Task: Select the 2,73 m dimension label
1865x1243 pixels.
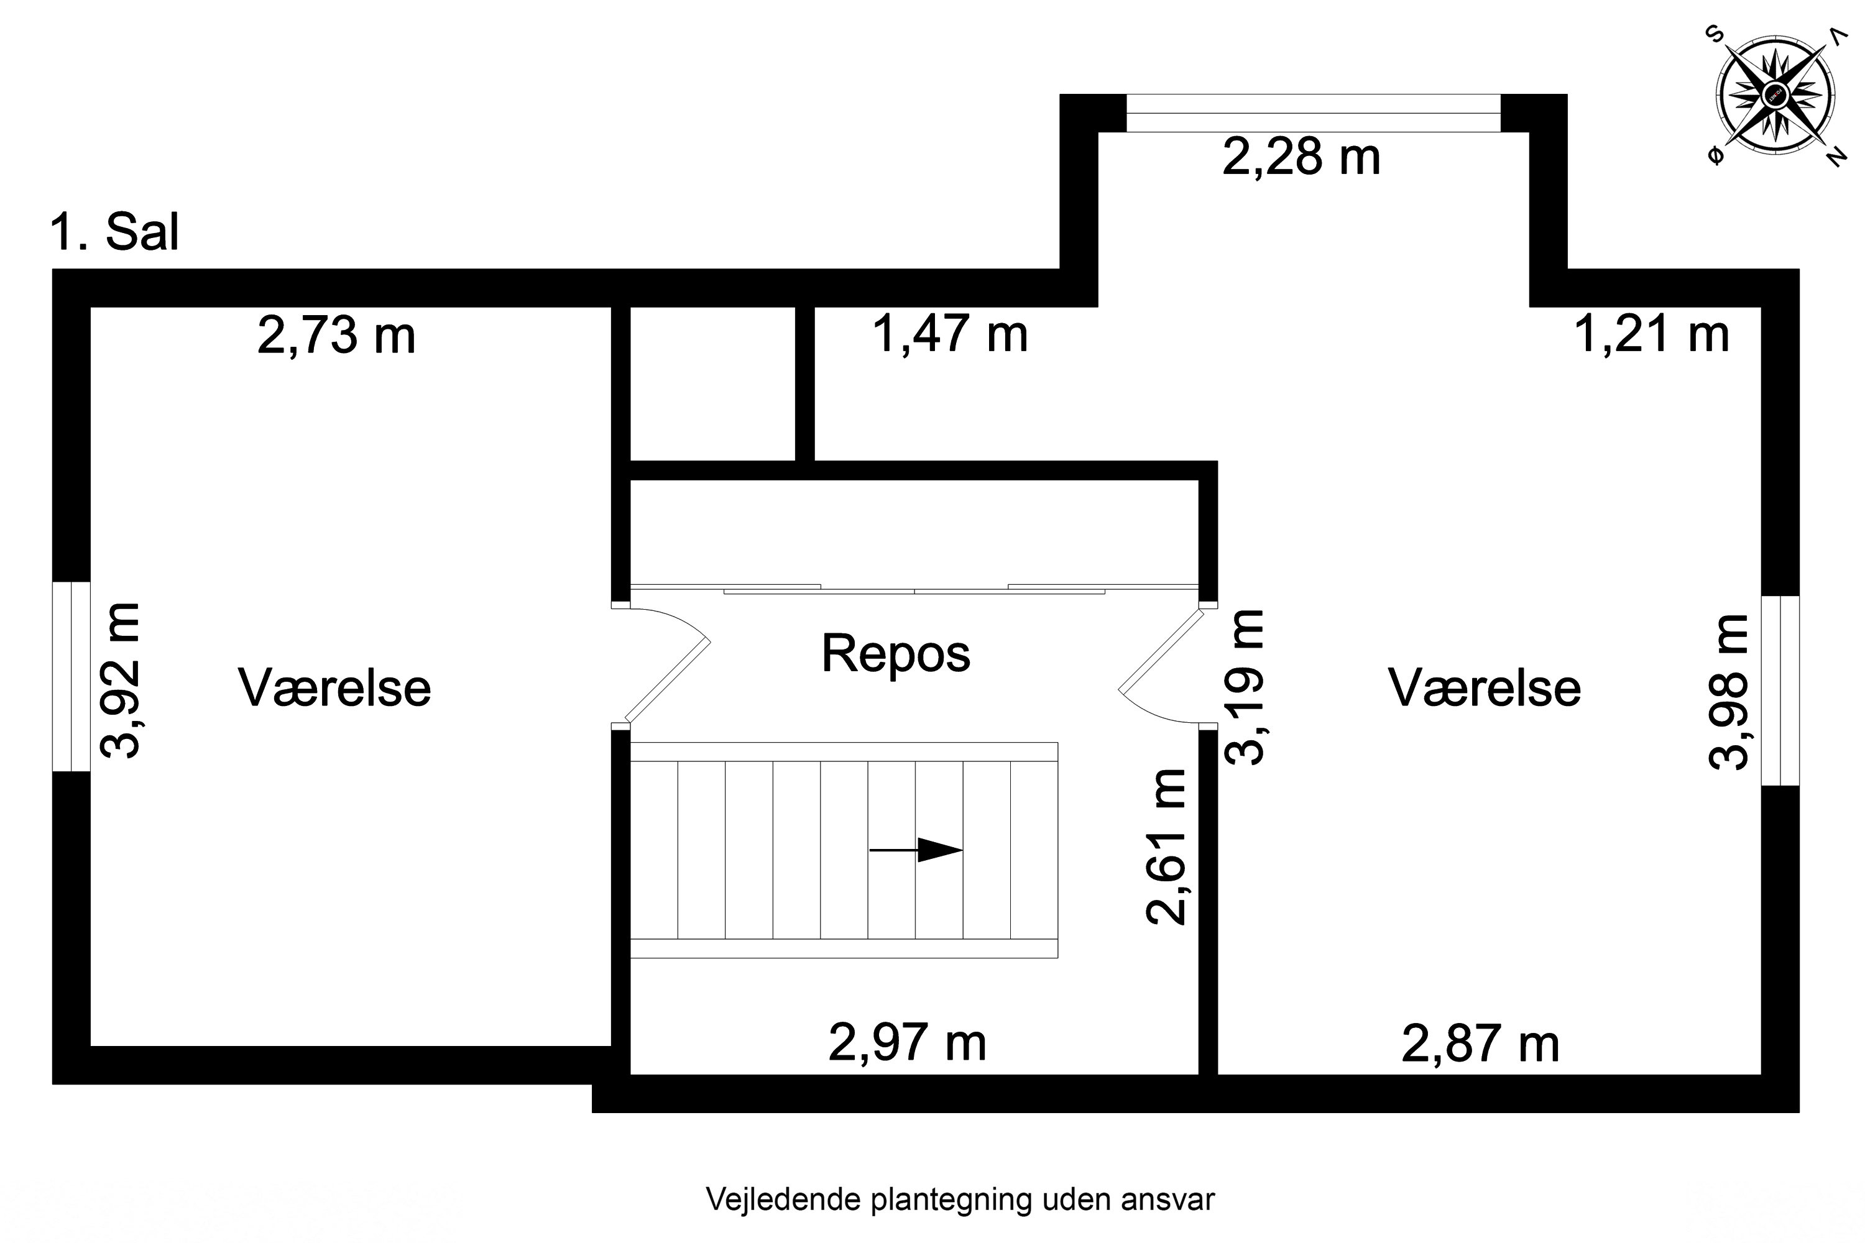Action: (x=336, y=336)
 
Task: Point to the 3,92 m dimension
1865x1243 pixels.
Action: (x=121, y=680)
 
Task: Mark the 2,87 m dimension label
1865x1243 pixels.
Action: (x=1480, y=1043)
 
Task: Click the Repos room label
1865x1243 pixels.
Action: (x=895, y=653)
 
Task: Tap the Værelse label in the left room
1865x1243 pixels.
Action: (x=334, y=687)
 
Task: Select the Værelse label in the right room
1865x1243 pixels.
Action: (x=1483, y=687)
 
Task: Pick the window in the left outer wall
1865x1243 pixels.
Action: (x=71, y=676)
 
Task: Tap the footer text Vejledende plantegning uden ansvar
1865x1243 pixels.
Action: (x=959, y=1199)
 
